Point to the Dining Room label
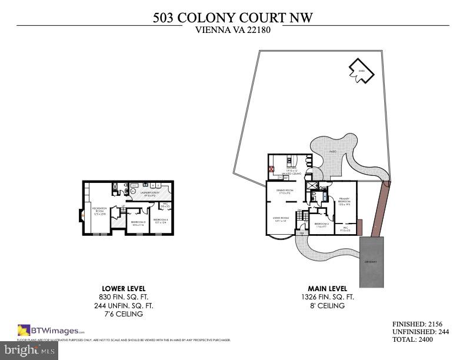pyautogui.click(x=285, y=191)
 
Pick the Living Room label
pyautogui.click(x=279, y=219)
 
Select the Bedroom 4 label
pyautogui.click(x=161, y=221)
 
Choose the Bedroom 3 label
pyautogui.click(x=138, y=223)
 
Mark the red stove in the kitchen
pyautogui.click(x=272, y=168)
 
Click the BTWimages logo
pyautogui.click(x=51, y=331)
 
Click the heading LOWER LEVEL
pyautogui.click(x=124, y=288)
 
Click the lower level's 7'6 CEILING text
pyautogui.click(x=123, y=314)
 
